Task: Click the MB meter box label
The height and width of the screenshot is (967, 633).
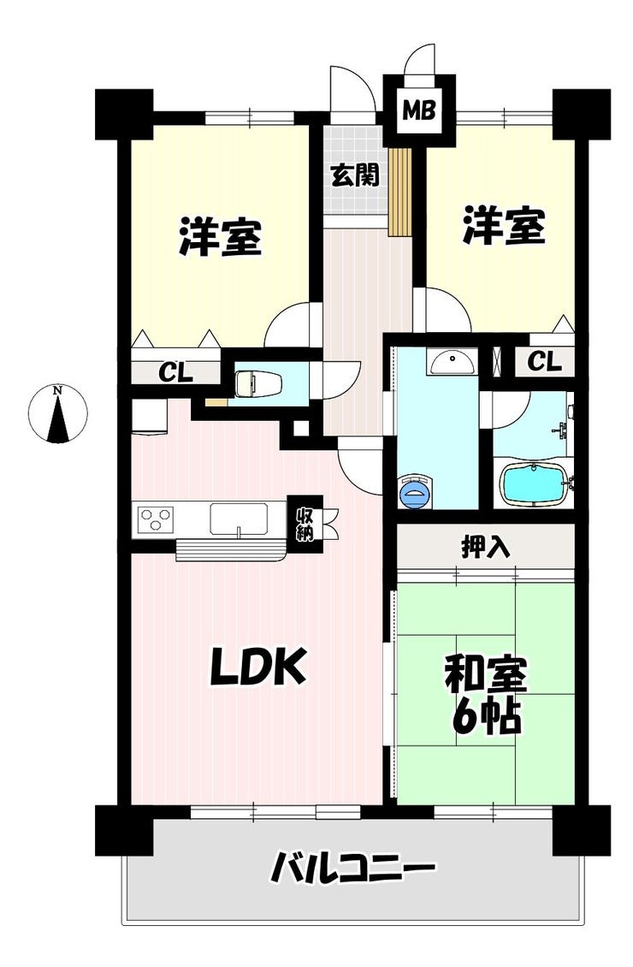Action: (419, 111)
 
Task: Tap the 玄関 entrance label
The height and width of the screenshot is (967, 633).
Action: (354, 176)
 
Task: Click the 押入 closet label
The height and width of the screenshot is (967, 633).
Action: (486, 547)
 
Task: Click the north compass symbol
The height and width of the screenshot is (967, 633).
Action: (58, 414)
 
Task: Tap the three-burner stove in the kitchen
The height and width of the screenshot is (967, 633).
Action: (156, 518)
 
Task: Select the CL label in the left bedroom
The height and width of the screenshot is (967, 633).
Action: (176, 372)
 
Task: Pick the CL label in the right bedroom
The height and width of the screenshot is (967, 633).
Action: (545, 361)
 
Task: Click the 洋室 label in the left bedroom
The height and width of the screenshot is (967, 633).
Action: (221, 235)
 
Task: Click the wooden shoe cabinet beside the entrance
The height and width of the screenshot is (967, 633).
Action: (399, 192)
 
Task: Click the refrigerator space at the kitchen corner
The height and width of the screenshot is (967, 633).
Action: (148, 416)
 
